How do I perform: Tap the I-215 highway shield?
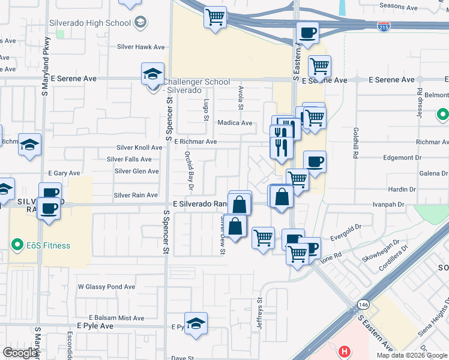(x=383, y=27)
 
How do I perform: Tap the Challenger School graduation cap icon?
(x=152, y=75)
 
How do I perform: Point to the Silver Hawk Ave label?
(x=140, y=47)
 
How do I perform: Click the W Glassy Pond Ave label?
(x=106, y=287)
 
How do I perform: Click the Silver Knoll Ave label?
(x=139, y=148)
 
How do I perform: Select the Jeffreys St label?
(x=260, y=314)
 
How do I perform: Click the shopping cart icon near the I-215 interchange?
(x=215, y=17)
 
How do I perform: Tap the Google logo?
(x=20, y=353)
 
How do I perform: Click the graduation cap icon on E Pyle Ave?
(x=196, y=324)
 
